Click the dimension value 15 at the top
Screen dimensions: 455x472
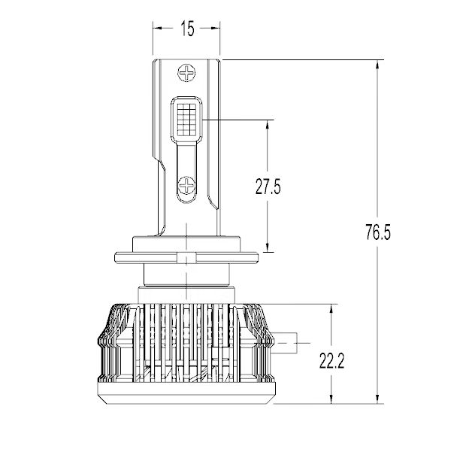pos(187,29)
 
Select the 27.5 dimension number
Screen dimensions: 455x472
pos(268,187)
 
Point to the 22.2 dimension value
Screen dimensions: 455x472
pos(331,362)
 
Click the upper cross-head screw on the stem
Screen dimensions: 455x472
pos(186,74)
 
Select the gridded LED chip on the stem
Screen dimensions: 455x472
pos(187,120)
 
